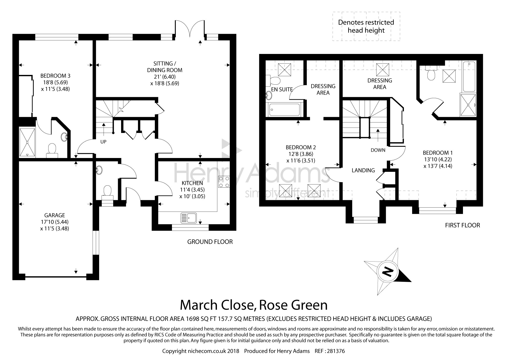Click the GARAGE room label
coord(55,215)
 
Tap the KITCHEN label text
coord(192,183)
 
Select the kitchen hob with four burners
coord(224,182)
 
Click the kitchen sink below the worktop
coord(188,218)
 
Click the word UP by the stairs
coord(103,142)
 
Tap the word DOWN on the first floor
coord(378,150)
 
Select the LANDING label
coord(363,170)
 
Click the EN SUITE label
coord(282,89)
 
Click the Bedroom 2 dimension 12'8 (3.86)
coord(301,154)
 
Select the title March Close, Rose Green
coord(254,305)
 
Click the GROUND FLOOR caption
coord(210,242)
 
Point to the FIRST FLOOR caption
coord(462,225)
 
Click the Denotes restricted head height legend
coord(366,26)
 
